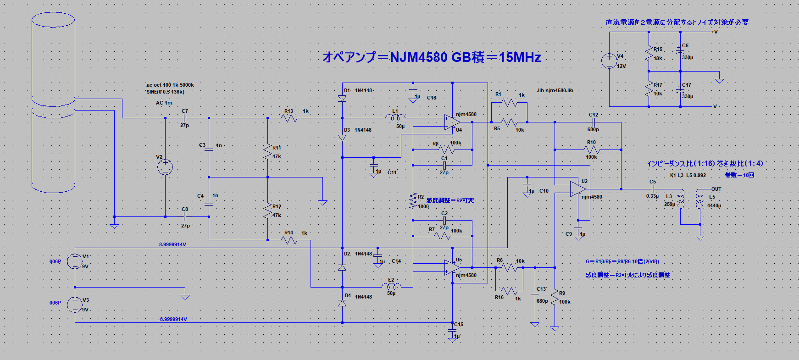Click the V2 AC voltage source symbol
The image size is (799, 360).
point(165,167)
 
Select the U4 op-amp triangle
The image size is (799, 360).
point(452,122)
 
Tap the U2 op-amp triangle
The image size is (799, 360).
point(578,189)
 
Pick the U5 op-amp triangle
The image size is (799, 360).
point(452,267)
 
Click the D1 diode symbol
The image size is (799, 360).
point(342,99)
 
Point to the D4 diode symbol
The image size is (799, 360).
point(342,303)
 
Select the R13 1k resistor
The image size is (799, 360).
point(289,118)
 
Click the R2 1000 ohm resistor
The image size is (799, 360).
point(413,201)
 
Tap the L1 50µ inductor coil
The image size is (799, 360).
point(395,118)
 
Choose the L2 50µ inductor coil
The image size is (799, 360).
point(391,287)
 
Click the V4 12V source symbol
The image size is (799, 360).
point(609,61)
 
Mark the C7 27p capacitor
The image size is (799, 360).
point(185,118)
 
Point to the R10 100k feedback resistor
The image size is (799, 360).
point(592,150)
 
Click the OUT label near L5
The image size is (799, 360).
point(716,189)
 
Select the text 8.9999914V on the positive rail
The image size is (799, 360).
point(172,244)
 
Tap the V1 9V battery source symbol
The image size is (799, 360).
point(75,261)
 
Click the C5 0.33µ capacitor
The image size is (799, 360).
point(653,189)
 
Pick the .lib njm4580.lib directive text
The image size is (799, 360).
point(555,90)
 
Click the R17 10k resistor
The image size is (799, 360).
point(649,89)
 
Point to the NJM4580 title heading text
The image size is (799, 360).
point(431,57)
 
